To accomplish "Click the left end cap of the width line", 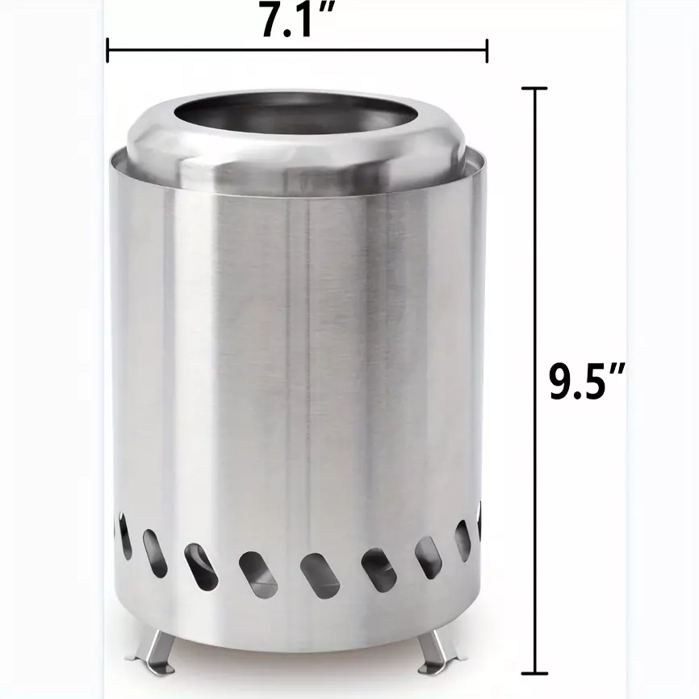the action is pyautogui.click(x=107, y=50).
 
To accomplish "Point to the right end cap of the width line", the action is pyautogui.click(x=487, y=50).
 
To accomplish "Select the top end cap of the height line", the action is pyautogui.click(x=534, y=89).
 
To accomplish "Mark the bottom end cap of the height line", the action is pyautogui.click(x=534, y=672).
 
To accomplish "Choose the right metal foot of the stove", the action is pyautogui.click(x=440, y=651).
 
